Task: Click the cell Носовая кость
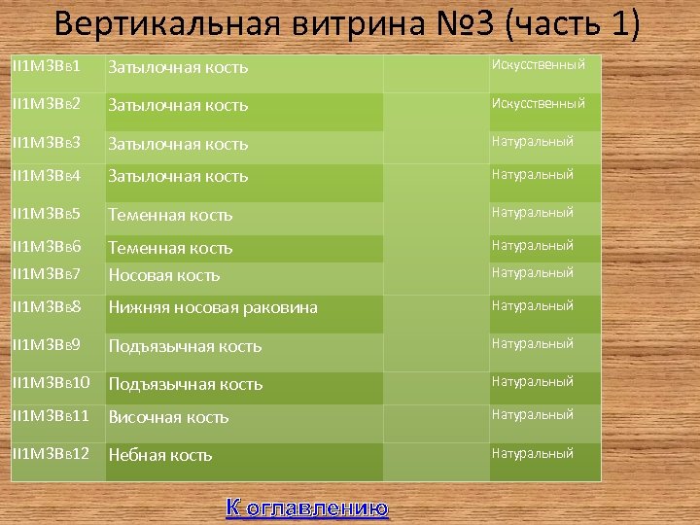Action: [x=164, y=275]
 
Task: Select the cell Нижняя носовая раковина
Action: [x=213, y=308]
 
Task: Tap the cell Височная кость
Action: [x=168, y=417]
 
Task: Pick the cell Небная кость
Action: [x=160, y=455]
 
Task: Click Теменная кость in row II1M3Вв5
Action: [x=170, y=215]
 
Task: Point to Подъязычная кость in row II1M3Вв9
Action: [x=185, y=346]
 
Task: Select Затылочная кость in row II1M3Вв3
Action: [x=178, y=144]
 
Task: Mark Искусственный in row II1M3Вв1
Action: [x=539, y=65]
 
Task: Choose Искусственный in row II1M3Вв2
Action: [x=539, y=103]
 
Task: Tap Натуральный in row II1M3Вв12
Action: [x=533, y=453]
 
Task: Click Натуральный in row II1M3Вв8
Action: [x=533, y=306]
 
